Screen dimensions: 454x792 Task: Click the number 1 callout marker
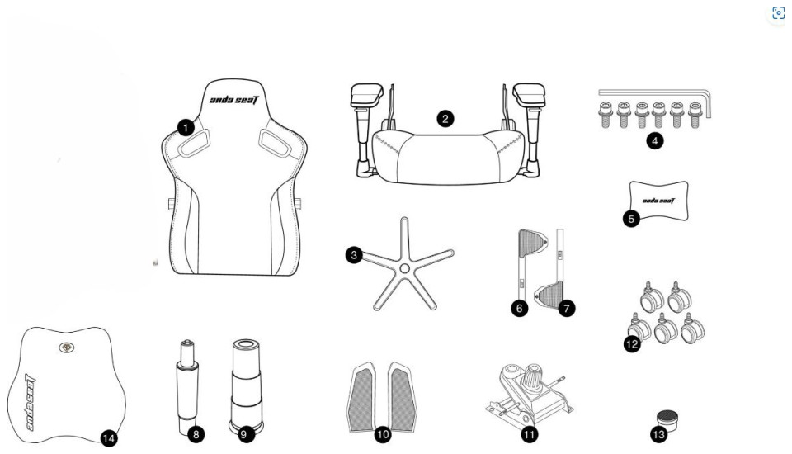186,127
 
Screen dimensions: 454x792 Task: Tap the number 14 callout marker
108,437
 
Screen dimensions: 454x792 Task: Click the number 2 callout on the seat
445,119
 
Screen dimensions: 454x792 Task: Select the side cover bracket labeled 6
530,258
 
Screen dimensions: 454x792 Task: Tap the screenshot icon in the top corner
778,12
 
